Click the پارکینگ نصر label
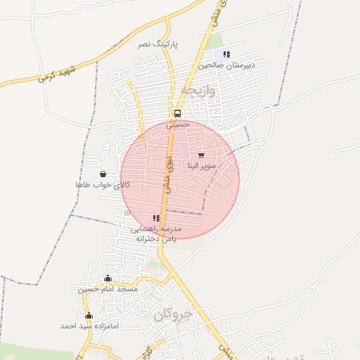pos(157,44)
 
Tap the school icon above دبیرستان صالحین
pos(226,54)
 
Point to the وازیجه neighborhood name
pos(200,91)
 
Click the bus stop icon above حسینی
pos(177,113)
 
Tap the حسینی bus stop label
pos(179,124)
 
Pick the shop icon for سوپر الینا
pos(201,155)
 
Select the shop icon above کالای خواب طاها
pos(103,174)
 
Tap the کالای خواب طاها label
pos(103,184)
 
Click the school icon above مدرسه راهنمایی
pos(156,219)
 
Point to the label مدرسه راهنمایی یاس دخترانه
pos(156,234)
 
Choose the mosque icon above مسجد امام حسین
pos(108,278)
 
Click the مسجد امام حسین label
pos(108,289)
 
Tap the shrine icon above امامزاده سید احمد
pos(89,316)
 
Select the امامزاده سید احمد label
pos(89,326)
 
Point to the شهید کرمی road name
pos(57,73)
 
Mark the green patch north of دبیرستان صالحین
pos(214,41)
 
